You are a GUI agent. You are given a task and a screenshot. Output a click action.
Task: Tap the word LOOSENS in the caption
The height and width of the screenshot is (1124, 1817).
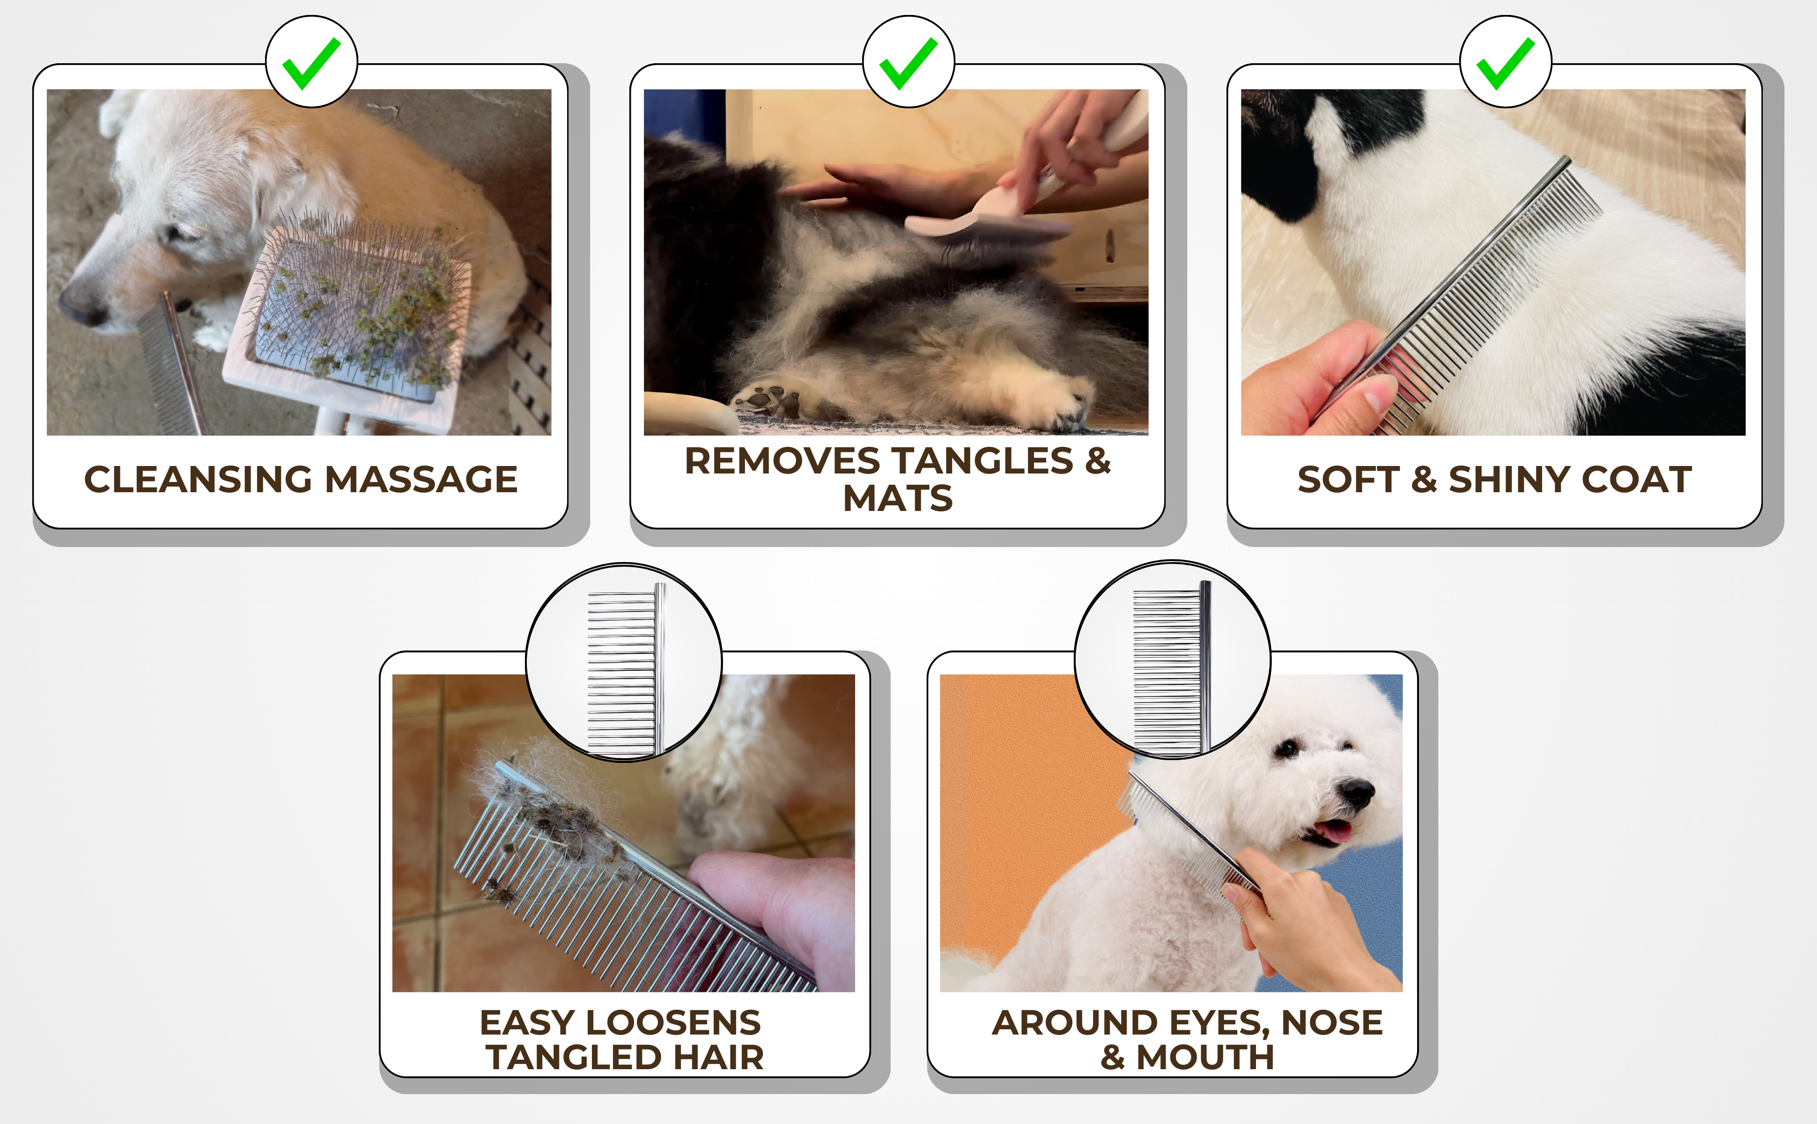click(x=673, y=1023)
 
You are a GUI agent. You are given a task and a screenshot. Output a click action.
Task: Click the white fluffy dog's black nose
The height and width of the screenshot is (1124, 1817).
click(x=1356, y=793)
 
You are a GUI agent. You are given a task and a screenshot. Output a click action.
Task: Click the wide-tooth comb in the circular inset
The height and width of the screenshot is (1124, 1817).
click(x=624, y=669)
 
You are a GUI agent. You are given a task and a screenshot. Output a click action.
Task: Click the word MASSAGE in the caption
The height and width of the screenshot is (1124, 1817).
click(x=421, y=480)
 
